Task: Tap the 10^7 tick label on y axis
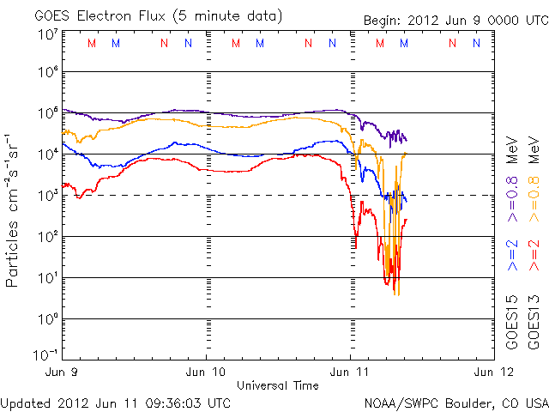pos(47,33)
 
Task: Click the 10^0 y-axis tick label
pos(47,318)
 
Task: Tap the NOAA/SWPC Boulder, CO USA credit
pos(455,403)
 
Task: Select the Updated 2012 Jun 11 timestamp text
pos(116,403)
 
